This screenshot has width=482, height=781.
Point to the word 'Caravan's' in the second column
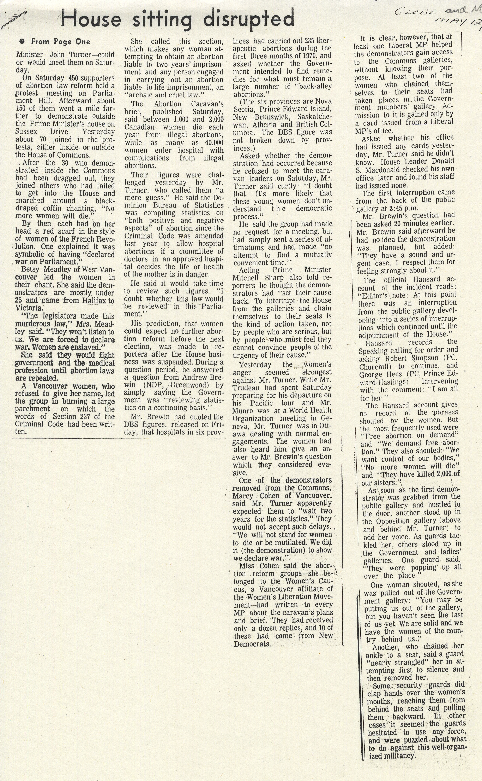[x=208, y=104]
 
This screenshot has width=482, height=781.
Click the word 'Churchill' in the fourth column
[x=373, y=366]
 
